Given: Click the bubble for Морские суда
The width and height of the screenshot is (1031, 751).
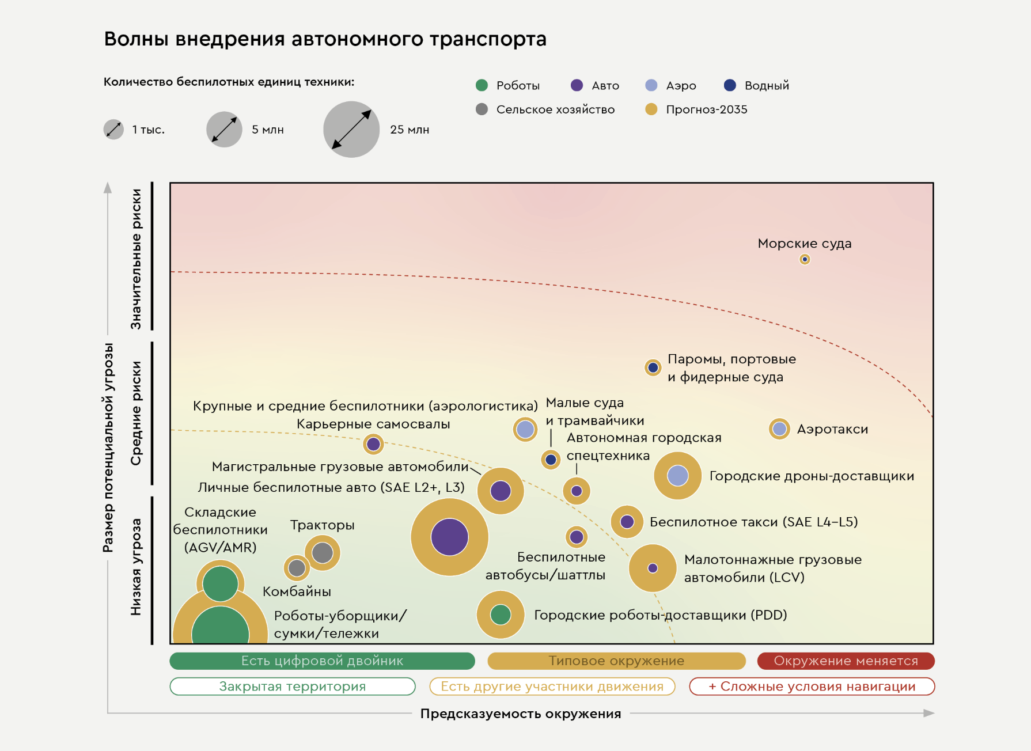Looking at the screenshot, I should pos(805,259).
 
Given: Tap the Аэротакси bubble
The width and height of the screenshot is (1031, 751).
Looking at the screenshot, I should pos(779,428).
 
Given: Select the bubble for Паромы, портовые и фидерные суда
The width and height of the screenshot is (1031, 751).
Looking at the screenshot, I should pos(653,367).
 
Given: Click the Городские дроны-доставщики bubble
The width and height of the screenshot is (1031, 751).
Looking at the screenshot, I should pos(677,476).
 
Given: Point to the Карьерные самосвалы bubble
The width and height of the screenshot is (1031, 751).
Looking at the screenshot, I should pos(373,444).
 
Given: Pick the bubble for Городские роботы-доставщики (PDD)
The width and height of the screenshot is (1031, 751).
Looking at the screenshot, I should pos(501,615).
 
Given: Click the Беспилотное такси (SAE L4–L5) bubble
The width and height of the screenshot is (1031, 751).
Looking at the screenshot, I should pos(627,522).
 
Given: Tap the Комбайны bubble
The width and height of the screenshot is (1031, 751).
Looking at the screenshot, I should pos(297,568).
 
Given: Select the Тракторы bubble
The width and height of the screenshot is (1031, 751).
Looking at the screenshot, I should pos(322,553).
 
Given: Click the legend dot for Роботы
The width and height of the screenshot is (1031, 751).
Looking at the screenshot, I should pos(482,85).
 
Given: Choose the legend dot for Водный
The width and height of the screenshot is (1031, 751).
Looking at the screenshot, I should pos(730,85).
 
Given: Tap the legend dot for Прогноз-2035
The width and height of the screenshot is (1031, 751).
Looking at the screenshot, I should pos(651,109).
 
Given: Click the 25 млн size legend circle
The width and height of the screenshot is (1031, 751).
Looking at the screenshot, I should pos(351,130).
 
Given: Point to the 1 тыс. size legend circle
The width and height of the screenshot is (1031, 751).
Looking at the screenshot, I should pos(113,130).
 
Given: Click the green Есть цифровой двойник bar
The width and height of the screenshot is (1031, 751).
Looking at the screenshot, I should pos(322,661).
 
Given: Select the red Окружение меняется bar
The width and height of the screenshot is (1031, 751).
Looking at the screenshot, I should pos(846,661).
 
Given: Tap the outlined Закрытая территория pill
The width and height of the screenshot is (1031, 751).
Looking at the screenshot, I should pos(292,686).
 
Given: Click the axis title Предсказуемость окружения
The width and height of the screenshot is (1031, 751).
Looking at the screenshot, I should pos(521,714).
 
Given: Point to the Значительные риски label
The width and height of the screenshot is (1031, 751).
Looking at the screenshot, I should pos(136,259).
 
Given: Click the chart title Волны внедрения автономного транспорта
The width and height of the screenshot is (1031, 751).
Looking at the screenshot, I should pos(325,39).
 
